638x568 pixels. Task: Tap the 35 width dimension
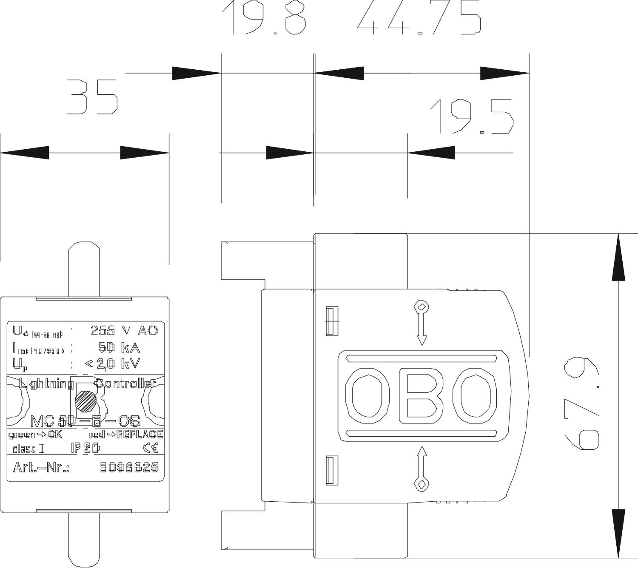pos(92,97)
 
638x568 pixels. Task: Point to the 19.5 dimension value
pos(471,116)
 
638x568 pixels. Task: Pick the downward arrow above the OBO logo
pos(422,323)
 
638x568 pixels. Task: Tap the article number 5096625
pos(129,467)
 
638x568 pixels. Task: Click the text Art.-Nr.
pos(41,467)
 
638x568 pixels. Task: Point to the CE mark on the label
pos(151,448)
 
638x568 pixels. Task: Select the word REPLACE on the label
pos(140,435)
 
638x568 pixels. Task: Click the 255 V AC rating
pos(124,330)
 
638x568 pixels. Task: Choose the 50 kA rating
pos(119,348)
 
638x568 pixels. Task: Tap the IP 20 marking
pos(85,448)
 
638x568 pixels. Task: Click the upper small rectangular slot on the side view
pos(332,321)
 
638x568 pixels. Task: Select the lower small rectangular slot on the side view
pos(332,470)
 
